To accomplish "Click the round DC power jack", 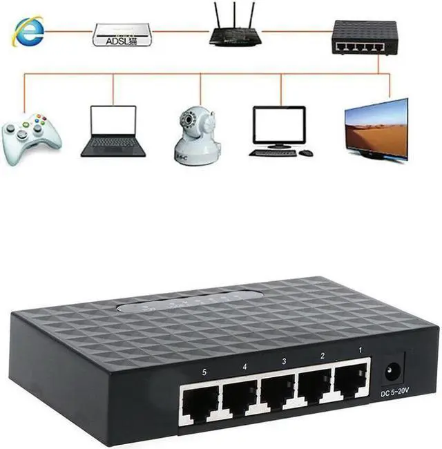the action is (x=392, y=373).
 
